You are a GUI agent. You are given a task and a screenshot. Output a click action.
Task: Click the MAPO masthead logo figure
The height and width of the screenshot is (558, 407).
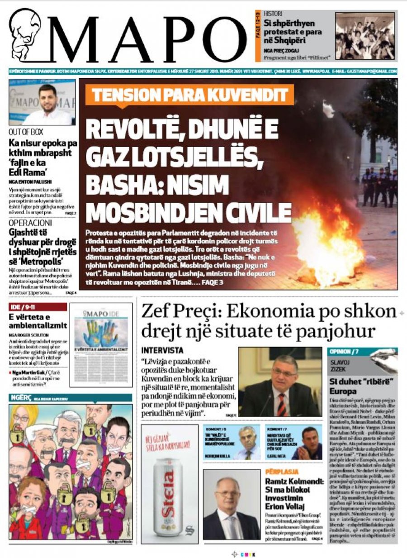click(x=25, y=36)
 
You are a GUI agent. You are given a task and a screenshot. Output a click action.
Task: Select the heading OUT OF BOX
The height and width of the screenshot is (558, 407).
click(x=26, y=133)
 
